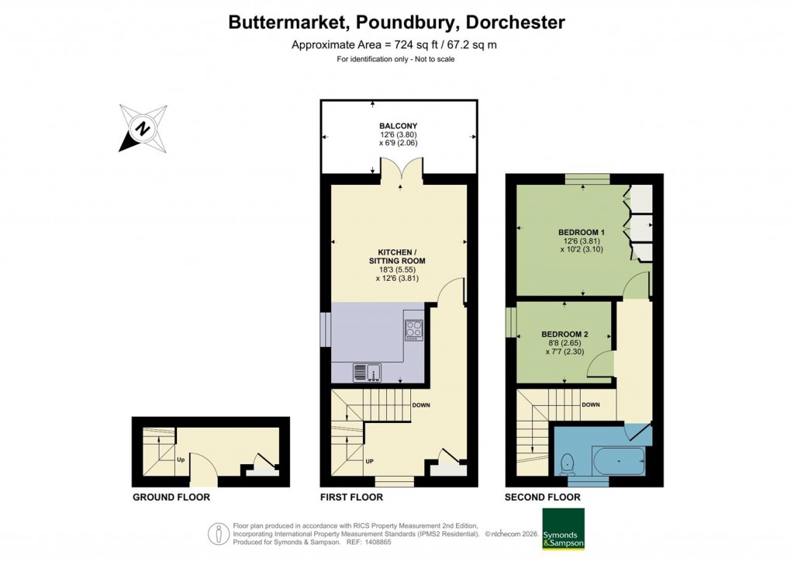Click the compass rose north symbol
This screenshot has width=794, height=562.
click(143, 128)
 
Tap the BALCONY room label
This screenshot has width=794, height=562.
click(399, 126)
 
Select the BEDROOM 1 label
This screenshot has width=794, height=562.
click(581, 232)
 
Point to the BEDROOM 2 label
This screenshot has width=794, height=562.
click(564, 335)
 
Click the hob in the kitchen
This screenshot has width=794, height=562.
click(413, 330)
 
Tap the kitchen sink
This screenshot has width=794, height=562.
click(366, 373)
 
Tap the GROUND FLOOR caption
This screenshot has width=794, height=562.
click(171, 497)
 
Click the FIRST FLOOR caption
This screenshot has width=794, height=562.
click(351, 497)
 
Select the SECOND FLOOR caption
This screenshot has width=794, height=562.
click(542, 497)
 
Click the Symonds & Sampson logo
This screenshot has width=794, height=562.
click(562, 529)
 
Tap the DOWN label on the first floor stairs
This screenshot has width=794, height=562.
click(421, 405)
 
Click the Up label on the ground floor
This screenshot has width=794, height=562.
click(179, 459)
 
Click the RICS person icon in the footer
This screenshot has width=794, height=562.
click(219, 534)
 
